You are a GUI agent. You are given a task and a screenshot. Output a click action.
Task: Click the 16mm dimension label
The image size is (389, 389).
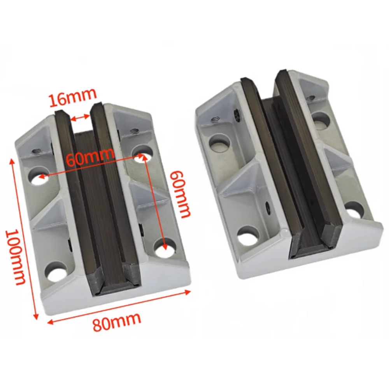[72, 98]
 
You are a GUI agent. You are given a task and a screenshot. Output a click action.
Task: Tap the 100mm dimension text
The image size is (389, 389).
[16, 257]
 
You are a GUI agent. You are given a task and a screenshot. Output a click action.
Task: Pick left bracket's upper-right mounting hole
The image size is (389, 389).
[141, 151]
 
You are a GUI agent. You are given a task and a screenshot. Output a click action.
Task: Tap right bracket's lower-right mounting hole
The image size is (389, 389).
[354, 209]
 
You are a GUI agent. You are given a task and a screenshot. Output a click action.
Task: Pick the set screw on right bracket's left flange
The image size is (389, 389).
[215, 120]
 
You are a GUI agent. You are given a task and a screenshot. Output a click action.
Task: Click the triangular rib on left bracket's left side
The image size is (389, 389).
[49, 212]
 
